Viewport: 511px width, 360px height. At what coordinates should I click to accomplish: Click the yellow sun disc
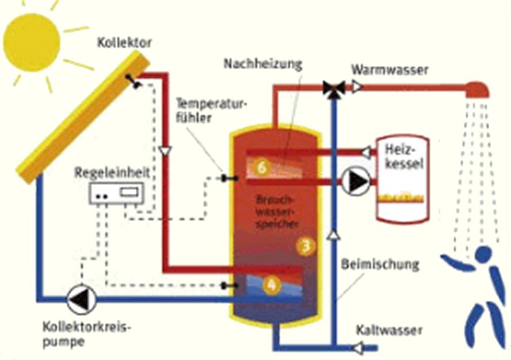31,41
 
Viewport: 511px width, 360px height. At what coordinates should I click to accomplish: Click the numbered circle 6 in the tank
262,167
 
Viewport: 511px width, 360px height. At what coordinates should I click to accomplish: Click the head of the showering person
485,254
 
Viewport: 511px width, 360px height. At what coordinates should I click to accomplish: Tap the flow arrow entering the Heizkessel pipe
366,152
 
